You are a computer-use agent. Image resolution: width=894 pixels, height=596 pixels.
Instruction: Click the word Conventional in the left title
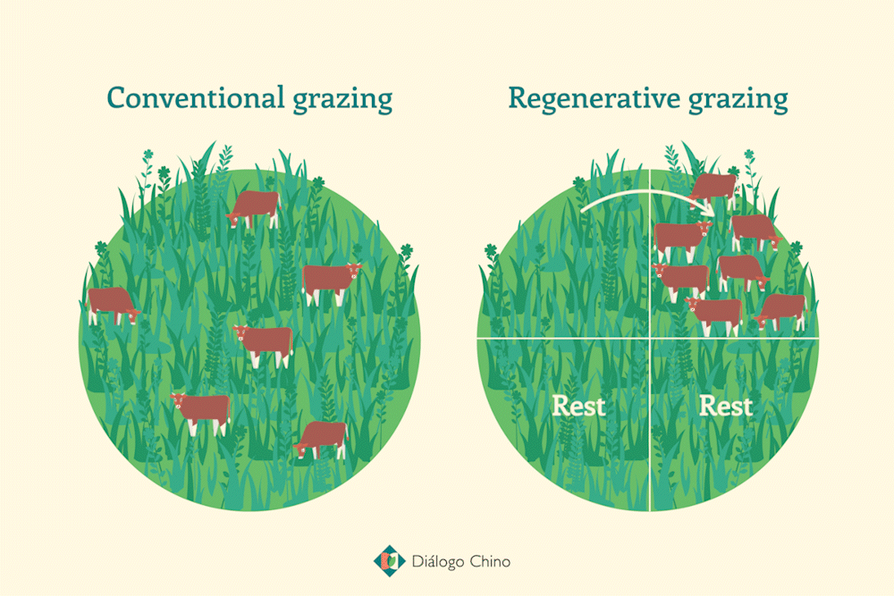(x=196, y=97)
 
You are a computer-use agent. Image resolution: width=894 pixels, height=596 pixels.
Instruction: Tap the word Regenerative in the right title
(x=595, y=97)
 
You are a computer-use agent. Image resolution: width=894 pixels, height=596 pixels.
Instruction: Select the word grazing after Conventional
(x=342, y=100)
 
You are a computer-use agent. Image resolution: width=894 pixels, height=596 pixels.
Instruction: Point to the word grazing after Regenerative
(x=738, y=100)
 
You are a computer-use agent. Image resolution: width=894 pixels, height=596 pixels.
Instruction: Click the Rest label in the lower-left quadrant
(x=578, y=407)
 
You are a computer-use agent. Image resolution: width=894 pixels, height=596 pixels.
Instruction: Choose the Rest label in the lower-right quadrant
(x=726, y=407)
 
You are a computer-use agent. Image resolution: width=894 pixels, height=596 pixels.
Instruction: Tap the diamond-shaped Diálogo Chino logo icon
(x=390, y=560)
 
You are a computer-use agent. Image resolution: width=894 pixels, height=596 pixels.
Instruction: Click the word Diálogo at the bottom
(x=438, y=562)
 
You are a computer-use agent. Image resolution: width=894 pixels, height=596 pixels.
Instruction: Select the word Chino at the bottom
(x=490, y=561)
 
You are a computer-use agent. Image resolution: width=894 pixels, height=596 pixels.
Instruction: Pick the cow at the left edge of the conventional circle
(x=113, y=306)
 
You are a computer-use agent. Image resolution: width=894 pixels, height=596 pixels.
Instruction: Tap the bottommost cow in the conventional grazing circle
(x=321, y=440)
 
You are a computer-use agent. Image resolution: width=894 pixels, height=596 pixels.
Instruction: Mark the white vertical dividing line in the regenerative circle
(x=650, y=340)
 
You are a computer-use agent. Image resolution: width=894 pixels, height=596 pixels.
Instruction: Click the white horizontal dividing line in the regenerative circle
(x=647, y=339)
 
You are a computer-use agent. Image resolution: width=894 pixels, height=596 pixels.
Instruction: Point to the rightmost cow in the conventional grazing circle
(x=332, y=284)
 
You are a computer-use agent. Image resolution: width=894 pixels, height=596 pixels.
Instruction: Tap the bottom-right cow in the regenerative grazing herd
(x=780, y=312)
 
